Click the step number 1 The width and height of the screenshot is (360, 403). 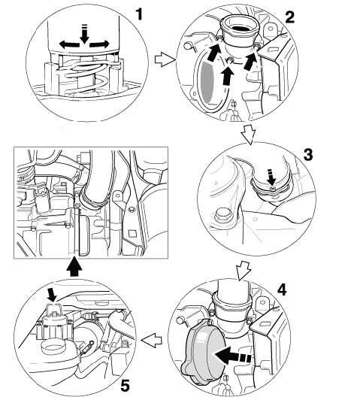139,14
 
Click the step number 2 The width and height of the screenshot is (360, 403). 289,17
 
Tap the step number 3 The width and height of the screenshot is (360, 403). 308,155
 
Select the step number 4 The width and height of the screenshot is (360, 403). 282,290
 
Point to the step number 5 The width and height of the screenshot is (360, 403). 125,386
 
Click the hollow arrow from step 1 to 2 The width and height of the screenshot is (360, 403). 165,60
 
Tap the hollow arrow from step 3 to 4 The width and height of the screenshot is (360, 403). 243,271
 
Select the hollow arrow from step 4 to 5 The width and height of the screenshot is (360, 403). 152,340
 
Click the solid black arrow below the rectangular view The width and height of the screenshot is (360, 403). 74,268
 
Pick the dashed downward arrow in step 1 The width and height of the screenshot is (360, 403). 84,33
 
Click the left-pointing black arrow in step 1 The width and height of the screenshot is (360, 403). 69,44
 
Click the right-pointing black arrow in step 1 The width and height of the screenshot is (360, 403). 99,44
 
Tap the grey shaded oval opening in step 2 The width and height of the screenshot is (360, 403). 207,82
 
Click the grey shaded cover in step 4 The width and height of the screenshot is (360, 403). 203,353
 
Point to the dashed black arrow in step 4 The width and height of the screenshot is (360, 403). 233,355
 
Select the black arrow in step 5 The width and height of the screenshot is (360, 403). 52,295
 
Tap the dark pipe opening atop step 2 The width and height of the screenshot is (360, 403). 241,28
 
